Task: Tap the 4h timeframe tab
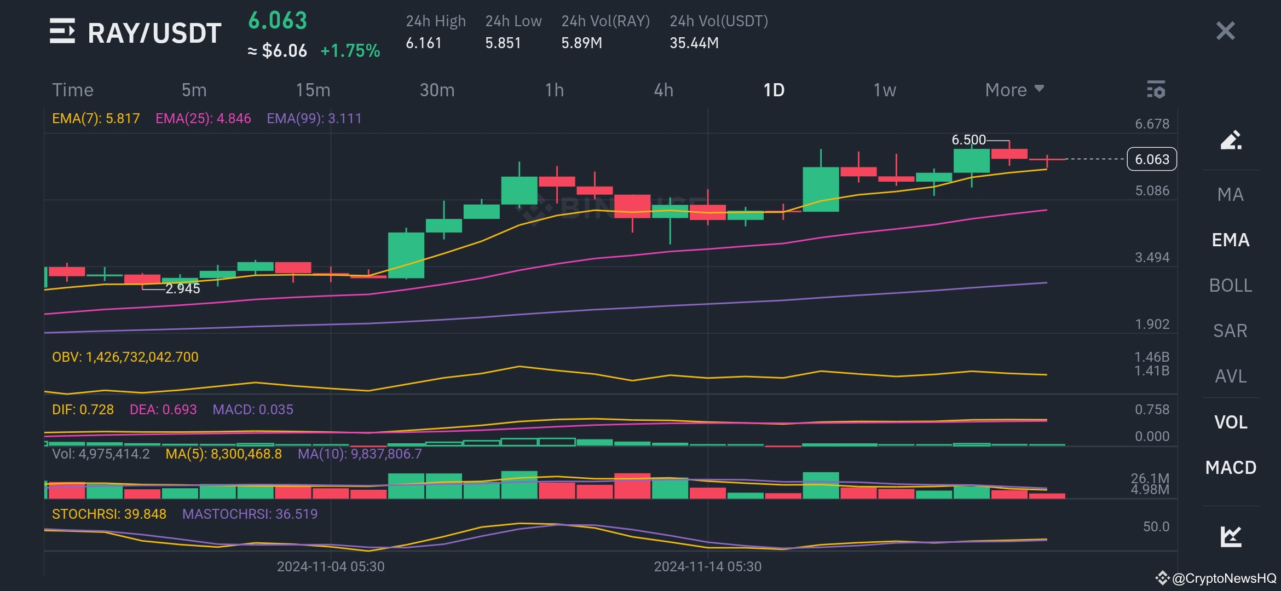[x=663, y=90]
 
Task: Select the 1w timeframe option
[x=884, y=90]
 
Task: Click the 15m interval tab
[x=313, y=90]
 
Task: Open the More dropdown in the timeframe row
[x=1014, y=90]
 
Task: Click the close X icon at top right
[x=1225, y=31]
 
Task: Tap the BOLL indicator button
[x=1230, y=285]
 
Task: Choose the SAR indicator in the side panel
[x=1230, y=331]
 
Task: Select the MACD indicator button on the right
[x=1230, y=467]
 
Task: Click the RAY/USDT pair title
[x=154, y=33]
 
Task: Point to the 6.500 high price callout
[x=968, y=140]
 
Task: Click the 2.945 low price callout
[x=183, y=288]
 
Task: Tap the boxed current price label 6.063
[x=1152, y=159]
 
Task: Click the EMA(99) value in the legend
[x=314, y=118]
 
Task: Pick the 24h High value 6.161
[x=424, y=43]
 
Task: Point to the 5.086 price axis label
[x=1152, y=190]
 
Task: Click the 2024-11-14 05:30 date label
[x=707, y=566]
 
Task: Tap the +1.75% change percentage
[x=350, y=51]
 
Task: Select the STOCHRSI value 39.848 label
[x=109, y=514]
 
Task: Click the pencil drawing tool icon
[x=1230, y=140]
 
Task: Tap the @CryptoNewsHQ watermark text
[x=1224, y=578]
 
